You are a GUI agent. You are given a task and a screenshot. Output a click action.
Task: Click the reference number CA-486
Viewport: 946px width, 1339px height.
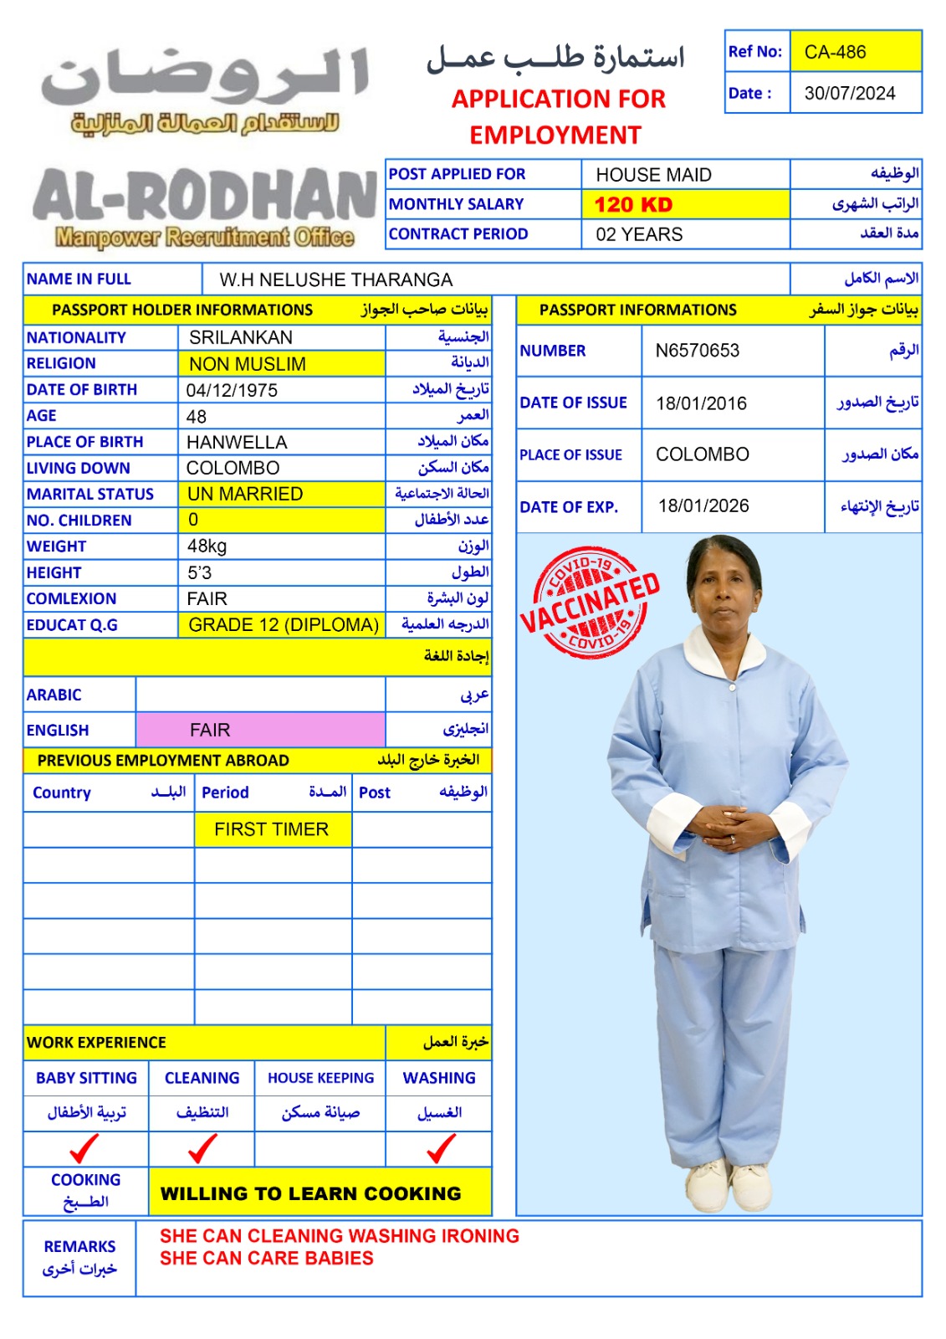(x=835, y=52)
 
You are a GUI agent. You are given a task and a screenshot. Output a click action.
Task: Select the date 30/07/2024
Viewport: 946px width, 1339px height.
(x=849, y=93)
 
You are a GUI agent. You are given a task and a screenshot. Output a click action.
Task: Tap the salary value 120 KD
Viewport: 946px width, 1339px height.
(x=633, y=204)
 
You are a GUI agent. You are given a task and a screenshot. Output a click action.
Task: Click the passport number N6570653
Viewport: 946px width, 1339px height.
(x=697, y=351)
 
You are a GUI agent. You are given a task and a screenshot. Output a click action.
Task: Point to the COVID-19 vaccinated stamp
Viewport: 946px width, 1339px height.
(x=591, y=603)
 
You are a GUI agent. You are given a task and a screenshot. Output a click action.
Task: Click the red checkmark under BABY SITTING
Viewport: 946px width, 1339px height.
(x=84, y=1148)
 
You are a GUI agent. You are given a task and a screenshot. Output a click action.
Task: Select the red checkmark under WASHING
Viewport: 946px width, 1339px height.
(x=441, y=1148)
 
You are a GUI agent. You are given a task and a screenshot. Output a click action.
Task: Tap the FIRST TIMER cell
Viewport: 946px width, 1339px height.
(x=271, y=829)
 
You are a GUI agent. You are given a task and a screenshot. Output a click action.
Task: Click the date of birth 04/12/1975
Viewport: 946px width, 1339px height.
(x=232, y=390)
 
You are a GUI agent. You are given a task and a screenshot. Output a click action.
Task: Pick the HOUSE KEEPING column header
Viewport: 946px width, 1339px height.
(x=320, y=1078)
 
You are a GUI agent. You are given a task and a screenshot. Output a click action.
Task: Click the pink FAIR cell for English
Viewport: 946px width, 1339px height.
(x=210, y=730)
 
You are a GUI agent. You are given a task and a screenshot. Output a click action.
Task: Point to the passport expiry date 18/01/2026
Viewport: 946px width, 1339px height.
(x=703, y=505)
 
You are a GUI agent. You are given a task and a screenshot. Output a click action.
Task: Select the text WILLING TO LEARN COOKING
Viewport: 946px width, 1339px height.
(x=310, y=1193)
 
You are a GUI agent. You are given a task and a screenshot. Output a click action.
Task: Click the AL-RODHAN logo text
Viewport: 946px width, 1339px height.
(x=204, y=198)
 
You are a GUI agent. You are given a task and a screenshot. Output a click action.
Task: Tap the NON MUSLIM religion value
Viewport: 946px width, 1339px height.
(x=248, y=364)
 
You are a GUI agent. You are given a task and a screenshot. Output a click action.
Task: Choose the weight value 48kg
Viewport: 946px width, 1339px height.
(x=207, y=546)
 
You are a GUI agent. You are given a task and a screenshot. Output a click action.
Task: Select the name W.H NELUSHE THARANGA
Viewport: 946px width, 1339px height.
(x=335, y=280)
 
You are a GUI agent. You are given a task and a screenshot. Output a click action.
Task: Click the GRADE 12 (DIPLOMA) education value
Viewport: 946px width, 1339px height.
(x=284, y=625)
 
